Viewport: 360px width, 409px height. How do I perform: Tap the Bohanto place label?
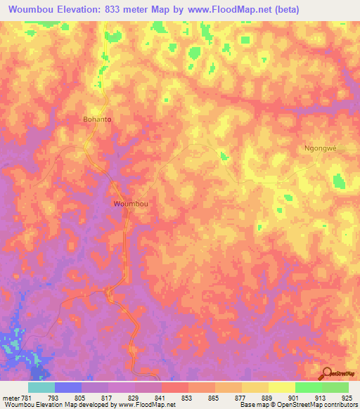(x=97, y=119)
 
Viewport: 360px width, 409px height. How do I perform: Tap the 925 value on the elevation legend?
(x=347, y=397)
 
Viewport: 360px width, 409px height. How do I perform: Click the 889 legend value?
(x=268, y=397)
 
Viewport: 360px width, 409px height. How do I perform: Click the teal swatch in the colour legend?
(x=41, y=387)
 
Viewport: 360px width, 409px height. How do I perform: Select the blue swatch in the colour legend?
(x=68, y=387)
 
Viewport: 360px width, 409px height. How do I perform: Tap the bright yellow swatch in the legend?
(x=281, y=387)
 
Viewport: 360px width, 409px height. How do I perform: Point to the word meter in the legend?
(x=10, y=397)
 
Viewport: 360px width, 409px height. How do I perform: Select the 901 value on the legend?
(x=294, y=397)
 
